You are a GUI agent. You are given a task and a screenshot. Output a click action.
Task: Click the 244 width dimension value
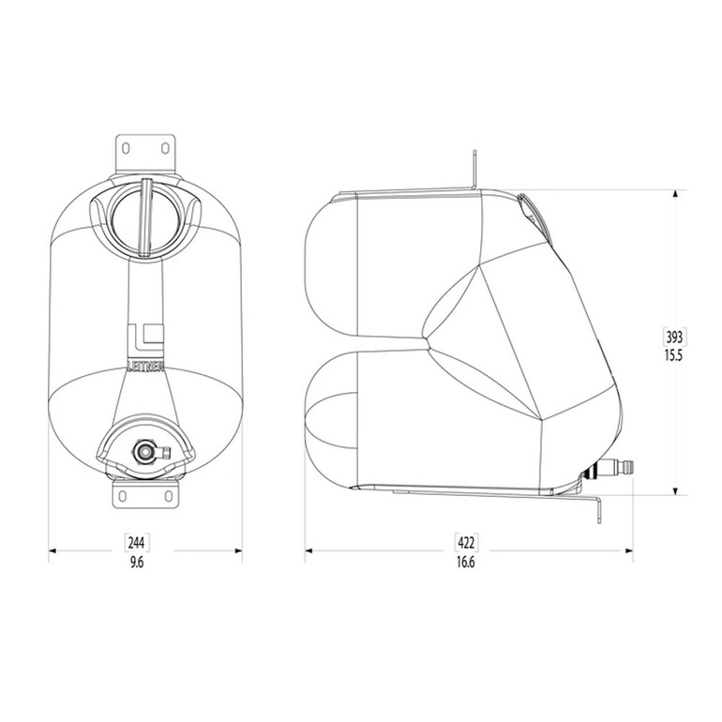[x=138, y=542]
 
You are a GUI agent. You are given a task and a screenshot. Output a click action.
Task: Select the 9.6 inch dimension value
[x=138, y=562]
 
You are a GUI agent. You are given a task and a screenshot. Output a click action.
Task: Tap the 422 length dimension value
[x=465, y=542]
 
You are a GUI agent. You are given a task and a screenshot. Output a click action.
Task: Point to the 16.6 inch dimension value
[x=465, y=562]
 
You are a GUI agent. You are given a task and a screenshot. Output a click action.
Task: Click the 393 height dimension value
[x=675, y=336]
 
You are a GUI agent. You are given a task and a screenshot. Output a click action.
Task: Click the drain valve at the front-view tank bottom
[x=145, y=453]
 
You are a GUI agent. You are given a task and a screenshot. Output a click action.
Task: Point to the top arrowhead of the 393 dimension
[x=675, y=193]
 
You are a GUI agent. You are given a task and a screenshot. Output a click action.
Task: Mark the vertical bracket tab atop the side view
[x=476, y=170]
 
